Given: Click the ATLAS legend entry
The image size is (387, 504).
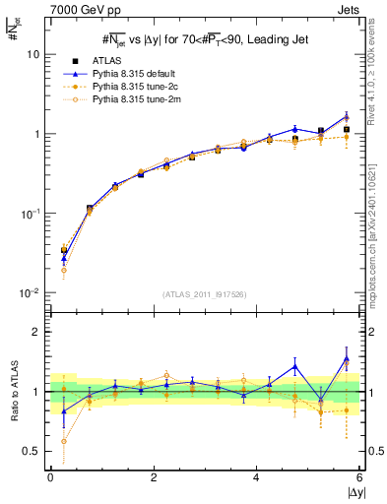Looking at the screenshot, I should click(x=120, y=61).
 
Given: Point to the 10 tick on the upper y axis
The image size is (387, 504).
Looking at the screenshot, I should click(x=32, y=55).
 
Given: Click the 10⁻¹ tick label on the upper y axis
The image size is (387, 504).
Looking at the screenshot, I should click(x=31, y=214).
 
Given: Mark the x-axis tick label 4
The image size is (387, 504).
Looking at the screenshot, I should click(x=257, y=477).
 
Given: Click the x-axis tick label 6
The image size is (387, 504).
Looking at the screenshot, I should click(x=359, y=477).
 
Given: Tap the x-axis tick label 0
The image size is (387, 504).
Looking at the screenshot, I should click(x=50, y=477).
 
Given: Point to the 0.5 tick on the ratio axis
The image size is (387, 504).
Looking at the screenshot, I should click(x=31, y=451).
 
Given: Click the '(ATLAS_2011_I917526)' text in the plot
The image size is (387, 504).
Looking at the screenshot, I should click(x=204, y=294).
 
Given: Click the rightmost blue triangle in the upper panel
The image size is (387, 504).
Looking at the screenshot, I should click(x=347, y=116).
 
